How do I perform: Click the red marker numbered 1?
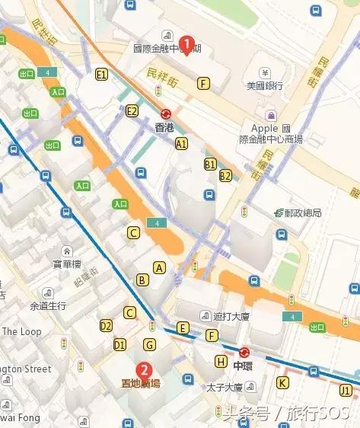189,44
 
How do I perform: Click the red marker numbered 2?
142,370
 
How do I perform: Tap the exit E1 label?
101,75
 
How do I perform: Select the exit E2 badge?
132,111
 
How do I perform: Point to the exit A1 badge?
181,143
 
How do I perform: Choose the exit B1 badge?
210,164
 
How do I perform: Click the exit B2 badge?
225,176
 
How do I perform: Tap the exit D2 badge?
107,326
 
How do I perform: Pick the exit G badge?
150,345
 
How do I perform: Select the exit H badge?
221,361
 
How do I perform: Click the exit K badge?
283,382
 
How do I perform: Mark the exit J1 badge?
346,391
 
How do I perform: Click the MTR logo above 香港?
165,113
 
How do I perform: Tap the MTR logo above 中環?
244,353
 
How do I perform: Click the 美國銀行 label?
266,87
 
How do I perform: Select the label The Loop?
21,332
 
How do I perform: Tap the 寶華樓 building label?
67,264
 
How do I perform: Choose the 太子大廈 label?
224,388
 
